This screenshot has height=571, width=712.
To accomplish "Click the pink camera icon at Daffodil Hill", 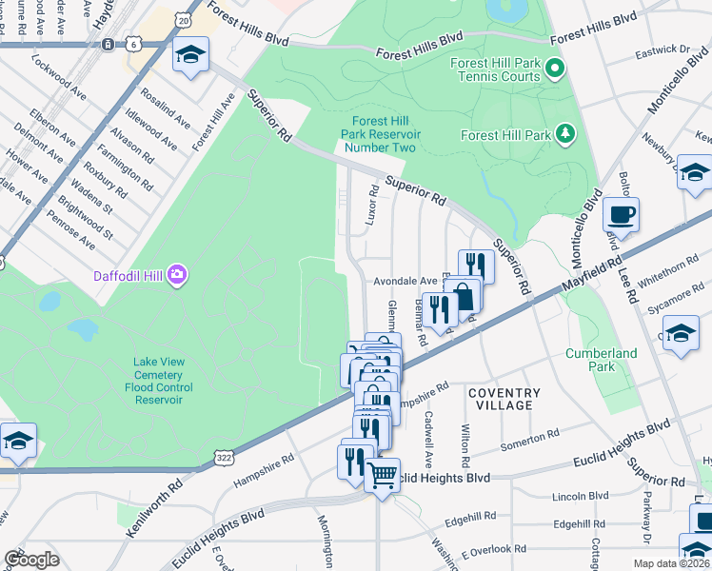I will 176,276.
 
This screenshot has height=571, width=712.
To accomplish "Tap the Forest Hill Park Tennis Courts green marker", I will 558,68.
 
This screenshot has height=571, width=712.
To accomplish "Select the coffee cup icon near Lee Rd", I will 621,216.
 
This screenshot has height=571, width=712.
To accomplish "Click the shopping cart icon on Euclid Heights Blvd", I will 382,474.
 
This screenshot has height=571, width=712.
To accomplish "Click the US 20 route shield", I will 184,19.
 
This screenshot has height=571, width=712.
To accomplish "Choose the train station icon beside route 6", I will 110,44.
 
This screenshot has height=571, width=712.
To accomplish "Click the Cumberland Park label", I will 601,360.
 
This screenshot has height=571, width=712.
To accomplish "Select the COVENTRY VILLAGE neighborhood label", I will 504,399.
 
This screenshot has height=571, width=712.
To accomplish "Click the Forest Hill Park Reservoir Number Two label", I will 381,134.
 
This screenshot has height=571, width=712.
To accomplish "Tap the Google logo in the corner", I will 31,560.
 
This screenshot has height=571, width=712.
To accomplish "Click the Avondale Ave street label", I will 404,282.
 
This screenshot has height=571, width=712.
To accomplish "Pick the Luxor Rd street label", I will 373,205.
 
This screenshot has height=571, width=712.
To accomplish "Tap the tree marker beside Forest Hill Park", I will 565,135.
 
